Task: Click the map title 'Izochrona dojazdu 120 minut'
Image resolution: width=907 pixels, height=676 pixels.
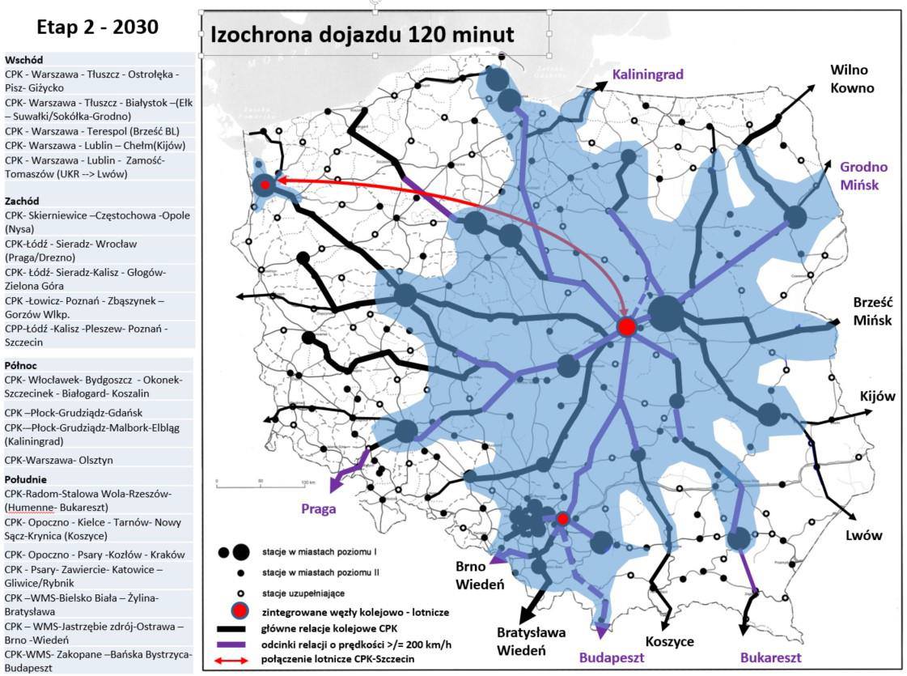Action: [x=361, y=36]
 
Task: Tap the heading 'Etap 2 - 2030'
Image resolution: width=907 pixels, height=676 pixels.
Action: [x=97, y=27]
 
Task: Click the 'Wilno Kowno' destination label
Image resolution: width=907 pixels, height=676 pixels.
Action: [x=852, y=79]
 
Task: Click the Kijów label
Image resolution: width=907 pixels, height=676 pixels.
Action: [x=879, y=396]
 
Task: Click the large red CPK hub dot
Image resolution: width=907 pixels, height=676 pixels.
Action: [x=626, y=327]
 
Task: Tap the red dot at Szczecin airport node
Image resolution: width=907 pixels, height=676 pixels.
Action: [x=265, y=185]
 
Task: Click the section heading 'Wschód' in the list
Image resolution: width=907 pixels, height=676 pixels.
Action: [x=23, y=60]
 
